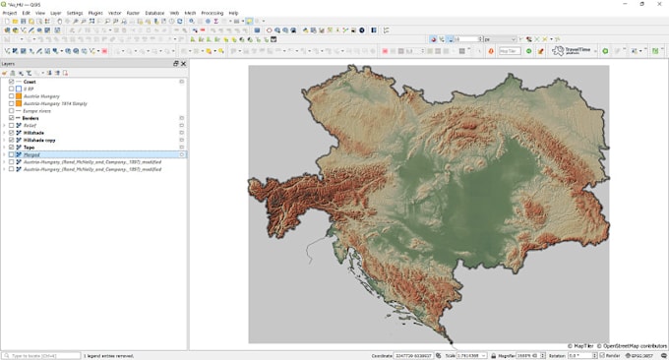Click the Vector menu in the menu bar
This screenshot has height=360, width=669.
115,13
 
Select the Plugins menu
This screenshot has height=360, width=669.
95,13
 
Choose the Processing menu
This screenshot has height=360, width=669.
213,13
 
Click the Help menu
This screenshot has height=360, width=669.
233,13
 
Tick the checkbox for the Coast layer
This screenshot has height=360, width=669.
12,82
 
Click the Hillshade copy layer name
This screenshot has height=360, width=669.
39,140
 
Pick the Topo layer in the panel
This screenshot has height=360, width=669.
30,147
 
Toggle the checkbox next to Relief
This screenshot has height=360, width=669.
12,125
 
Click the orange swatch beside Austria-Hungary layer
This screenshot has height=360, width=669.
19,95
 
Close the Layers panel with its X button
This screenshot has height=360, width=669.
183,63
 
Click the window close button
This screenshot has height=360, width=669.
661,4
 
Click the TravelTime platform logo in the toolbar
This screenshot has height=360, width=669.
571,50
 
